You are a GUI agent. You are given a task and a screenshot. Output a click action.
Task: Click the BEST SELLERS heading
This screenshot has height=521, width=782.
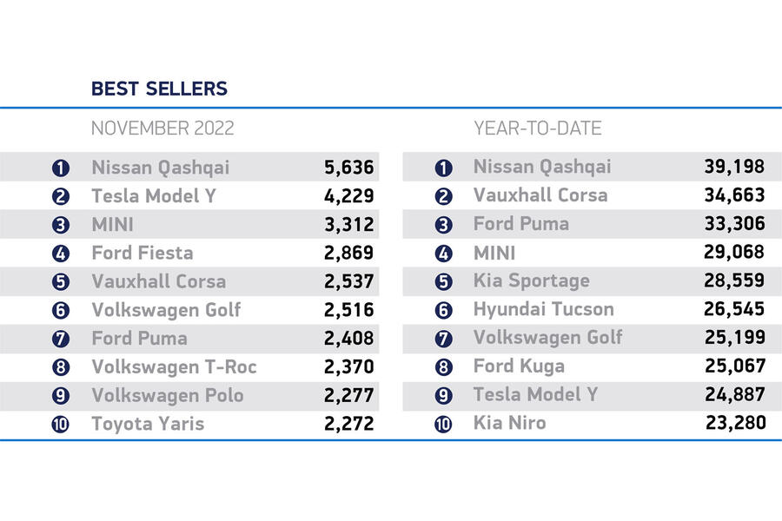(159, 89)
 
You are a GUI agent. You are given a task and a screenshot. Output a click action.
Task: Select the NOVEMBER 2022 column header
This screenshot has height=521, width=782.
(162, 129)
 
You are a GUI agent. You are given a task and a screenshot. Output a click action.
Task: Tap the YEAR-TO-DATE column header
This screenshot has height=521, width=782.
(538, 129)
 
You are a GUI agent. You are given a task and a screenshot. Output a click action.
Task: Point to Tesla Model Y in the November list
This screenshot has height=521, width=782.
(154, 196)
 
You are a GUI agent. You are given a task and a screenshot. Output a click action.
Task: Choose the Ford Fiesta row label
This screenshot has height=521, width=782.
(142, 253)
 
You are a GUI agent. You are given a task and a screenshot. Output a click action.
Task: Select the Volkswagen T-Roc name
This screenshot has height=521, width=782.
(174, 366)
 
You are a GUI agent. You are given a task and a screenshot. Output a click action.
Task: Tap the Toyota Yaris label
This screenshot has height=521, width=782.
(148, 424)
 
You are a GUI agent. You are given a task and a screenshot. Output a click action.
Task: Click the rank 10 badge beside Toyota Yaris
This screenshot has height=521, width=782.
(61, 425)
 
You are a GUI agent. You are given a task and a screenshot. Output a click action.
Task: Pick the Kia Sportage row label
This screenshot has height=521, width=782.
(531, 280)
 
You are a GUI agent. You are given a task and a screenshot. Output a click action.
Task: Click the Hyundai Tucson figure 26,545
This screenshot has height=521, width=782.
(734, 309)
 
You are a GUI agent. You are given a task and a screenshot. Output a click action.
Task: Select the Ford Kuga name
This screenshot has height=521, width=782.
(519, 366)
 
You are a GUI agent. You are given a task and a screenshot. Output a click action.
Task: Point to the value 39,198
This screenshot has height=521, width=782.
(734, 167)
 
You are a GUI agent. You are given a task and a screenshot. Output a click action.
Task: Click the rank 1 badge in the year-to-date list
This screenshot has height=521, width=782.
(443, 168)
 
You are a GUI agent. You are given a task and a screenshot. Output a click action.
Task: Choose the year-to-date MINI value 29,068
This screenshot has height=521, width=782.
(734, 253)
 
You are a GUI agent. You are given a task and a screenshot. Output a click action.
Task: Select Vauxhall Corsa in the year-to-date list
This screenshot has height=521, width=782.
(540, 195)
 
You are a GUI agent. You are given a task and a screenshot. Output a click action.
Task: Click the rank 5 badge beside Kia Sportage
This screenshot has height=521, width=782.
(443, 281)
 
